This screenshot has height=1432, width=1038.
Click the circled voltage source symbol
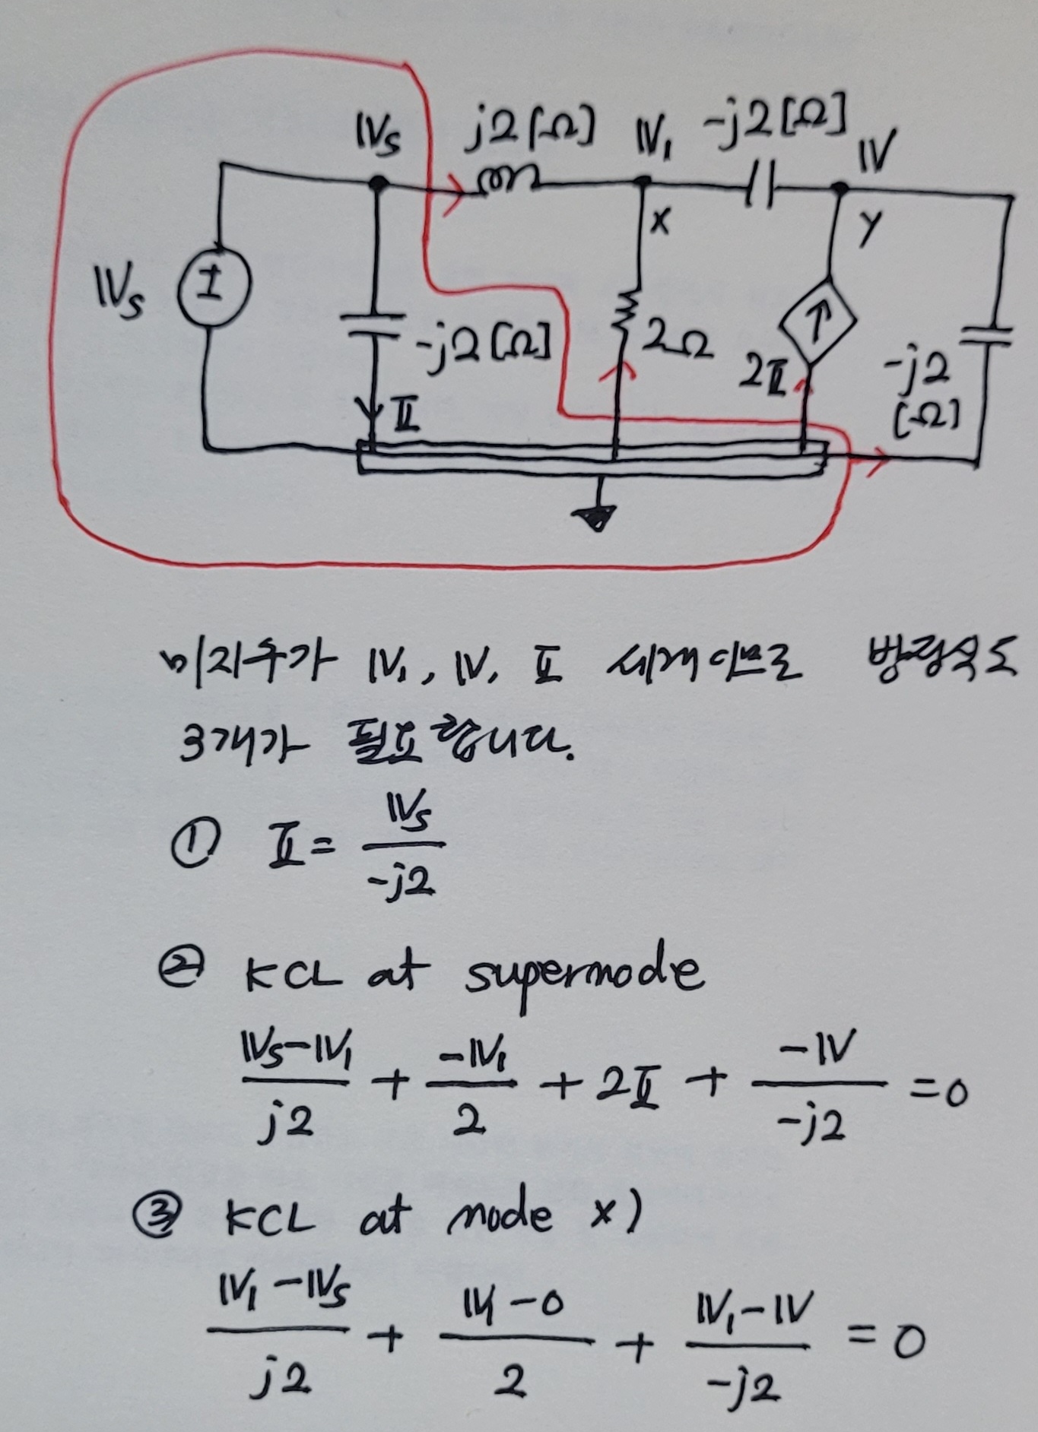[x=214, y=290]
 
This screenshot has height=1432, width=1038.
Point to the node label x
[x=660, y=221]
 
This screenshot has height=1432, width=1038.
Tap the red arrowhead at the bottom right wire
[x=875, y=461]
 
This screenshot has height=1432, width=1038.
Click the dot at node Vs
[x=376, y=183]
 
